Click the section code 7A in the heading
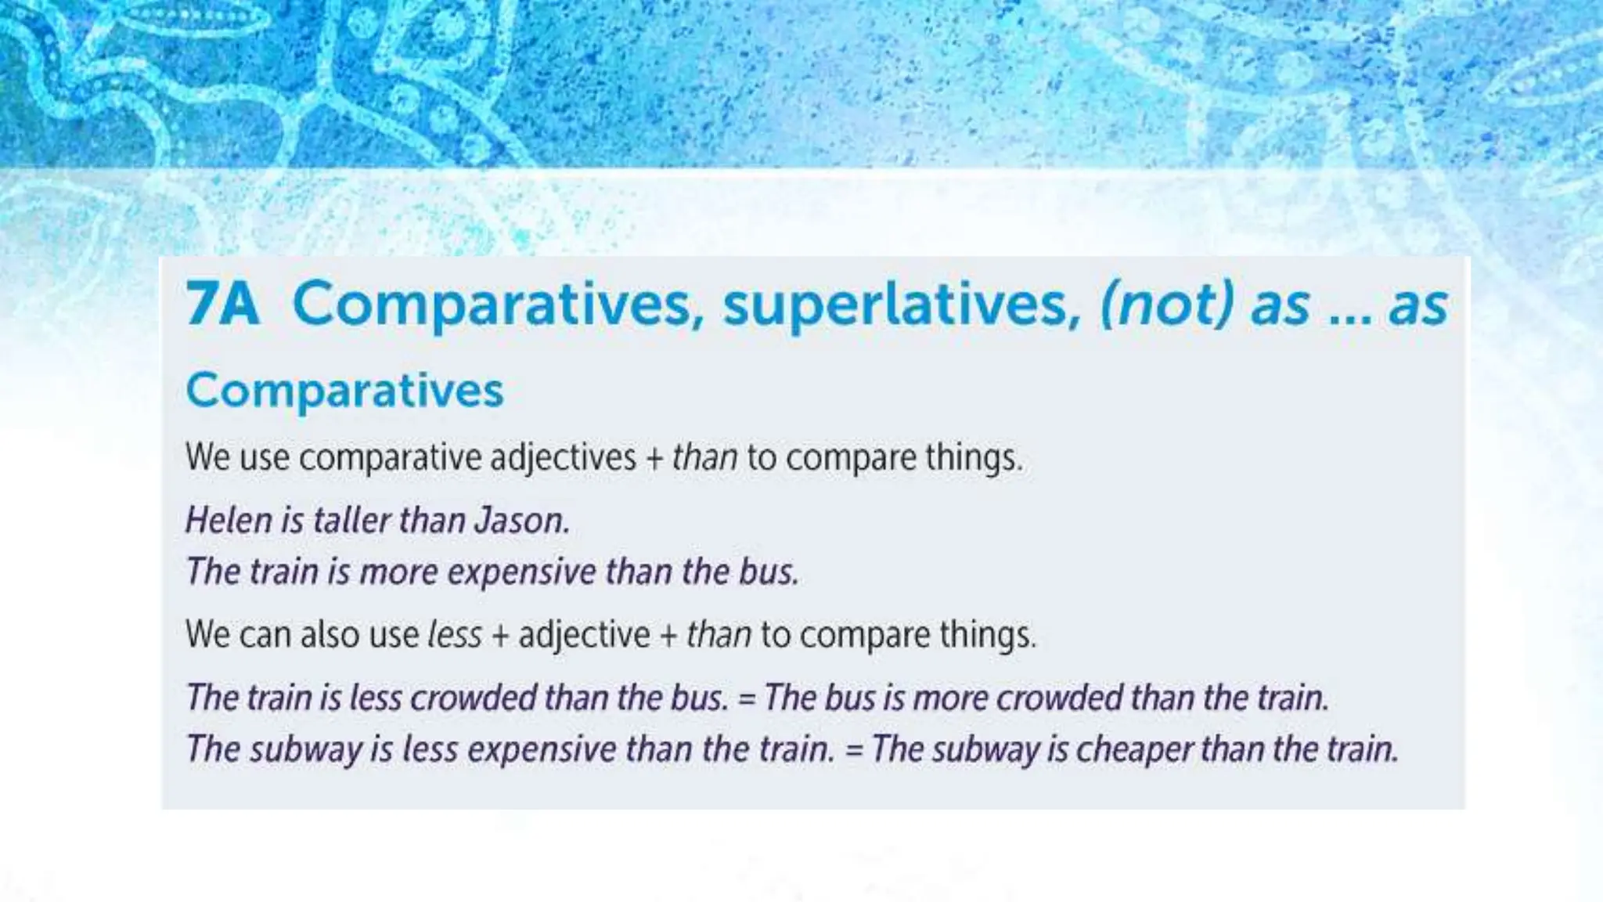pos(222,304)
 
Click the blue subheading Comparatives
pos(344,390)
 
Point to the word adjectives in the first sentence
pos(563,457)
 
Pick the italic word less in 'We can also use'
pos(454,634)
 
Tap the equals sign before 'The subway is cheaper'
pos(854,750)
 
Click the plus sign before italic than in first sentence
pos(654,458)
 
